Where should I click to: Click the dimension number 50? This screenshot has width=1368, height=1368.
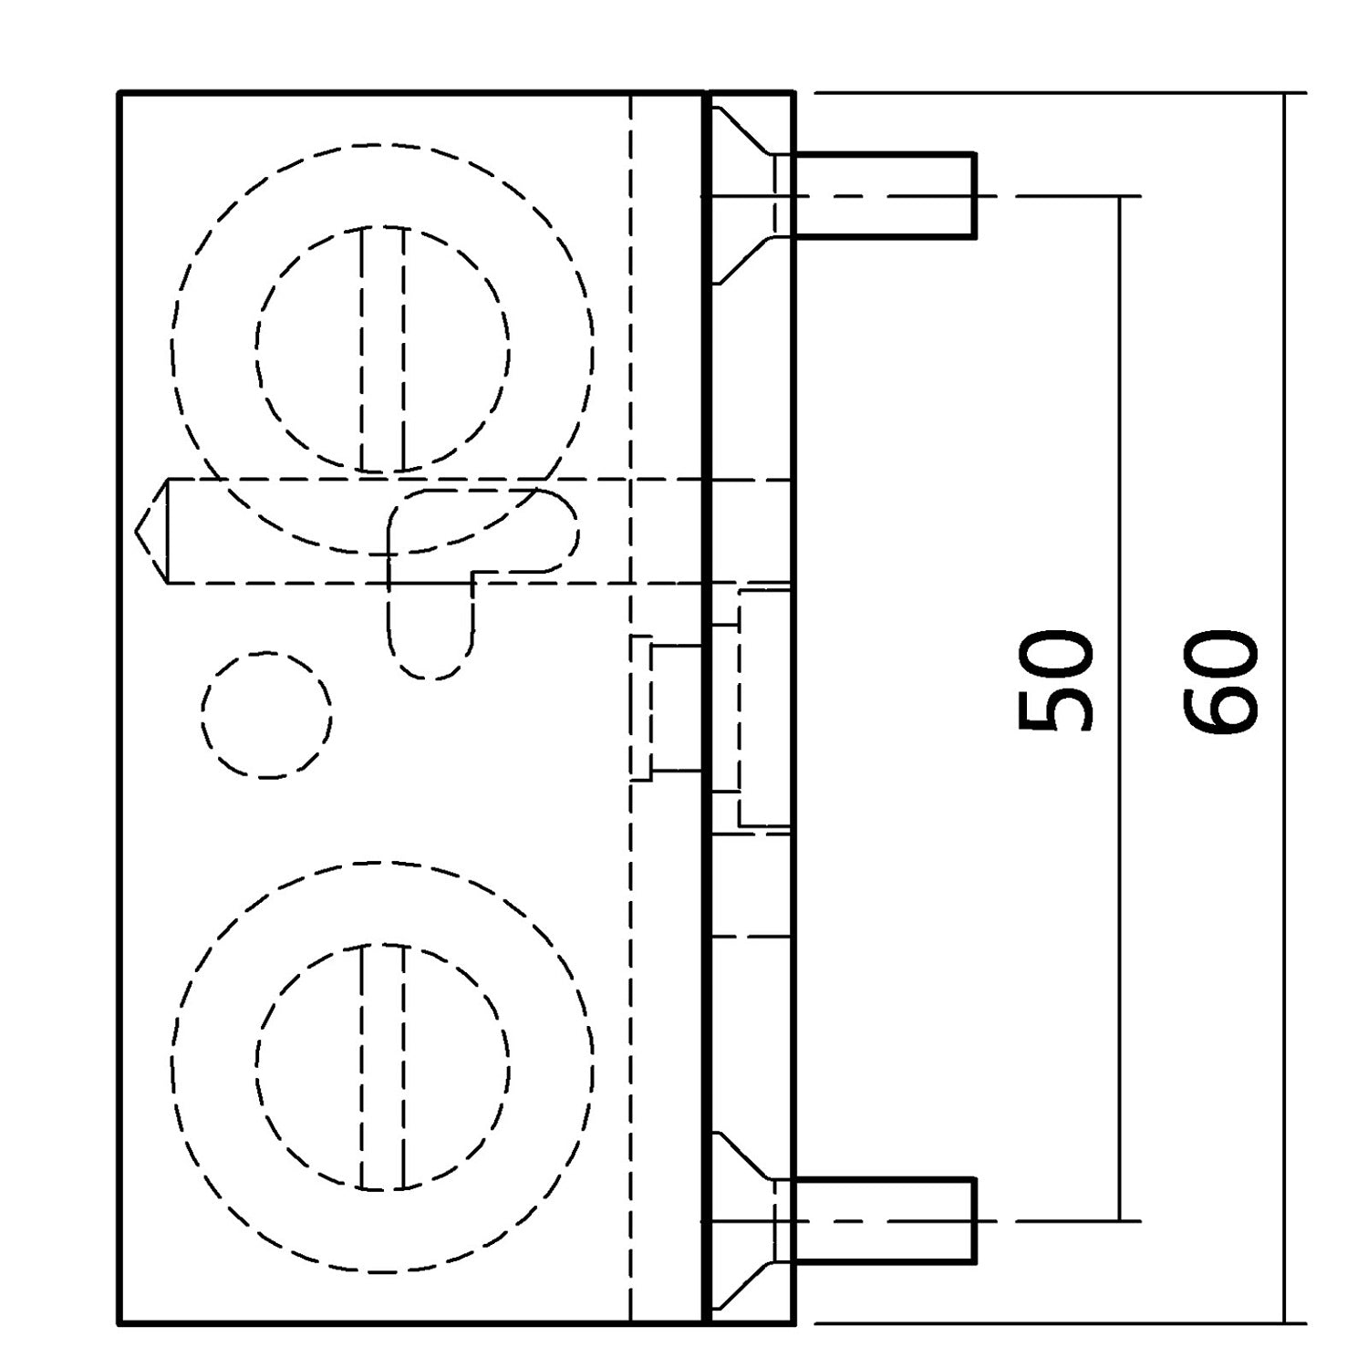pos(1055,680)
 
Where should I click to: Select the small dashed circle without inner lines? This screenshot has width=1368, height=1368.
pos(266,715)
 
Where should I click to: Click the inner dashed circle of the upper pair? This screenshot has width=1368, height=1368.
pos(383,349)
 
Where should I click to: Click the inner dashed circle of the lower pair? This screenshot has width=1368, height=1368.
pos(383,1067)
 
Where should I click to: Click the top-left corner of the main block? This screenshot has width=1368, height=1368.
pos(120,93)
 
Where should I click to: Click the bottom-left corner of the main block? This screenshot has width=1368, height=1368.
pos(120,1322)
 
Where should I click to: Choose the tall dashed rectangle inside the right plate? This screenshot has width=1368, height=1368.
pos(764,709)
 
